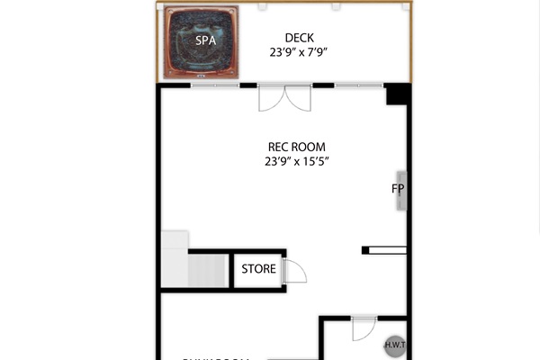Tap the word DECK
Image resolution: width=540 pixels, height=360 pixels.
(x=299, y=38)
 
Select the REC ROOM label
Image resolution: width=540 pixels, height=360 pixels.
(x=296, y=147)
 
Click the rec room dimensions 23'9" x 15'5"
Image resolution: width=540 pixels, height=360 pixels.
(x=296, y=162)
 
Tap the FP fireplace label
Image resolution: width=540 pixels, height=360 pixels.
(x=397, y=189)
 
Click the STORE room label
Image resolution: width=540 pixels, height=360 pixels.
(x=258, y=269)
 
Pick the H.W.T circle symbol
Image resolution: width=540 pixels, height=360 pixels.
(x=393, y=344)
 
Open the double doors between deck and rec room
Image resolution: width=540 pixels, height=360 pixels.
(x=284, y=97)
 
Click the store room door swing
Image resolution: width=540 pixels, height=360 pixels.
(x=295, y=272)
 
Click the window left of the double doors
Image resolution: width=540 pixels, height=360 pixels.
(x=215, y=85)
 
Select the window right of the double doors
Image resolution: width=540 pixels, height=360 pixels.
(x=358, y=85)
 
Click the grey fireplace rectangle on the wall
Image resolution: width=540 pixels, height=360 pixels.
(x=402, y=190)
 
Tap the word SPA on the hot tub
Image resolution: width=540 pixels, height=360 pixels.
(x=205, y=40)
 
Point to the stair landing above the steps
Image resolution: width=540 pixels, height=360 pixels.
(x=175, y=240)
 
